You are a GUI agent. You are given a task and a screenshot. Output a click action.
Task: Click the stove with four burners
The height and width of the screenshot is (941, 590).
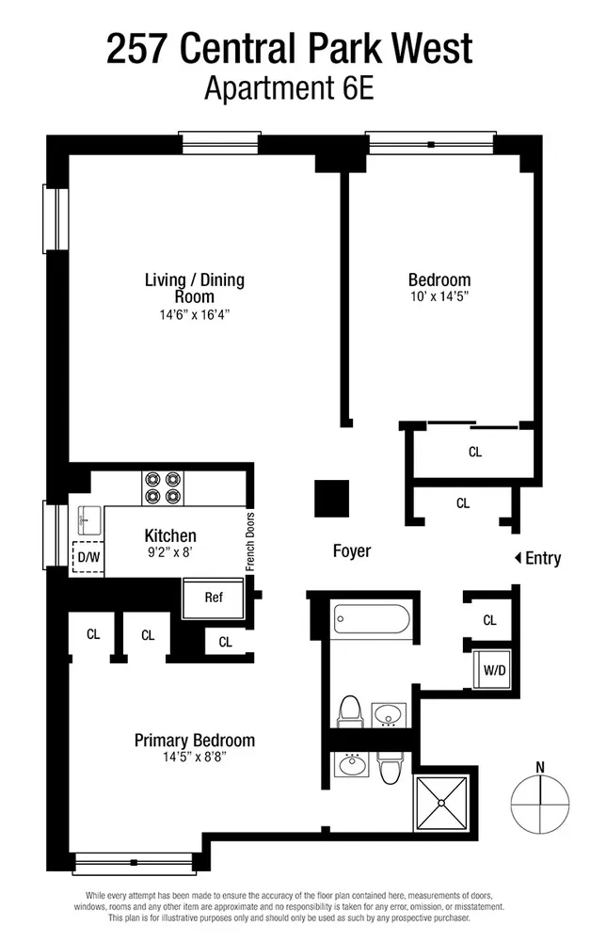[x=163, y=487]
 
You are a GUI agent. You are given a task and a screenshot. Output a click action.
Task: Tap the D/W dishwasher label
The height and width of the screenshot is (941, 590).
[x=88, y=557]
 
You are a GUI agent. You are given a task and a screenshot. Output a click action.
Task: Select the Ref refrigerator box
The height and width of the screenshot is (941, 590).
[x=213, y=598]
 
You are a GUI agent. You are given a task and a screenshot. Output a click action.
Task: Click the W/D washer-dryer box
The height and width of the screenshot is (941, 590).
[x=495, y=670]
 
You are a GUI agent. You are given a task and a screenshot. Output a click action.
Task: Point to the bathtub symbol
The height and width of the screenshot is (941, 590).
[x=372, y=619]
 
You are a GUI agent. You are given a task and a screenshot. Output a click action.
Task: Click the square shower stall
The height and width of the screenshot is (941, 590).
[x=441, y=803]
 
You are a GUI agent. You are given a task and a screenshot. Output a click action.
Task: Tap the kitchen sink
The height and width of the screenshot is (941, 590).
[x=89, y=519]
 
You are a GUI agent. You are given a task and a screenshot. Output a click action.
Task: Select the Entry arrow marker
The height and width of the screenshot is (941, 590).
[x=518, y=558]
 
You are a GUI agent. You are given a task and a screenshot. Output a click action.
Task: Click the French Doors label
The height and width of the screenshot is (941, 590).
[x=250, y=542]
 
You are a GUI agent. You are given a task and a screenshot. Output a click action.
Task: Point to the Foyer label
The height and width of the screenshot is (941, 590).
[x=352, y=550]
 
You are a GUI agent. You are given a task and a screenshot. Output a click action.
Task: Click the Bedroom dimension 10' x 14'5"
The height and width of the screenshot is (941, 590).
[x=439, y=296]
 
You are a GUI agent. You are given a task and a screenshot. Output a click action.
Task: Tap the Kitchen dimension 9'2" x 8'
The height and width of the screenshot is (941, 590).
[x=170, y=552]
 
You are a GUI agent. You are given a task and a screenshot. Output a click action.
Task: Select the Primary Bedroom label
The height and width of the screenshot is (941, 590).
[x=195, y=741]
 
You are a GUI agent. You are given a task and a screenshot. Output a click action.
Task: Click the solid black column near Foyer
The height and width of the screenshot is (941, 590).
[x=332, y=498]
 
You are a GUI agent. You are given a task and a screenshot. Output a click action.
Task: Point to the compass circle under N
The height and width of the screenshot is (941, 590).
[x=540, y=804]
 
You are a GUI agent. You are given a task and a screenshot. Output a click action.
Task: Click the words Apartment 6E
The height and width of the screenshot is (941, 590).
[x=289, y=88]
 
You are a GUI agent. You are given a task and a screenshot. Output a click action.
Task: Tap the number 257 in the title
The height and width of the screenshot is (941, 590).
[x=136, y=49]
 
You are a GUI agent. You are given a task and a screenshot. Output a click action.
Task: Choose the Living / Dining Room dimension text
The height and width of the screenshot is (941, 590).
[x=195, y=315]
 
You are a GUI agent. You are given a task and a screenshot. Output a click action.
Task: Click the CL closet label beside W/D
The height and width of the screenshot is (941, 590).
[x=489, y=620]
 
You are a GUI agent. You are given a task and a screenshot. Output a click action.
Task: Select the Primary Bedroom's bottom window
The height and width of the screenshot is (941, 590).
[x=134, y=862]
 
